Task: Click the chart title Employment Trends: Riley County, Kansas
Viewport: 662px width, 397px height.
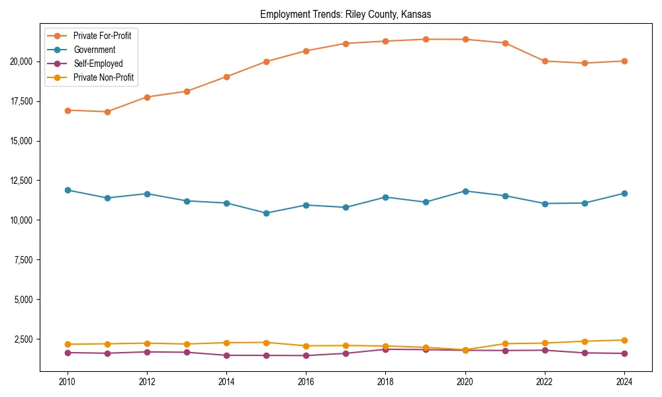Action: point(346,14)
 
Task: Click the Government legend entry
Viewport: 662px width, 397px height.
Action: point(94,50)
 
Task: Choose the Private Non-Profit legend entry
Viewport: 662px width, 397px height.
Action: point(103,77)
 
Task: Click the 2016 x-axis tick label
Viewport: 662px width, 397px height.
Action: point(306,381)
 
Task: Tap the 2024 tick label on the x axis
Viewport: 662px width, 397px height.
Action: point(624,381)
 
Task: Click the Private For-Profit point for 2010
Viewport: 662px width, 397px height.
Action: point(68,110)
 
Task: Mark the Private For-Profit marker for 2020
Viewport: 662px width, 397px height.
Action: point(465,39)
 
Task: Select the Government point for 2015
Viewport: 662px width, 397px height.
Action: point(266,213)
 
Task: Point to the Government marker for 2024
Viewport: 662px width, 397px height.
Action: point(624,193)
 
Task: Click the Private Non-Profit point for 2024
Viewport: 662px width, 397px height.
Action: point(624,340)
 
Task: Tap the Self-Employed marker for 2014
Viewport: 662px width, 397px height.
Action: point(226,355)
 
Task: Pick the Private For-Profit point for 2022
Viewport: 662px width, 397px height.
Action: point(545,61)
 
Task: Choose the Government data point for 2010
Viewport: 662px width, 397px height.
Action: point(68,190)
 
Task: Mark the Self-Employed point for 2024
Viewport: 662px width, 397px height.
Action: point(624,353)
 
